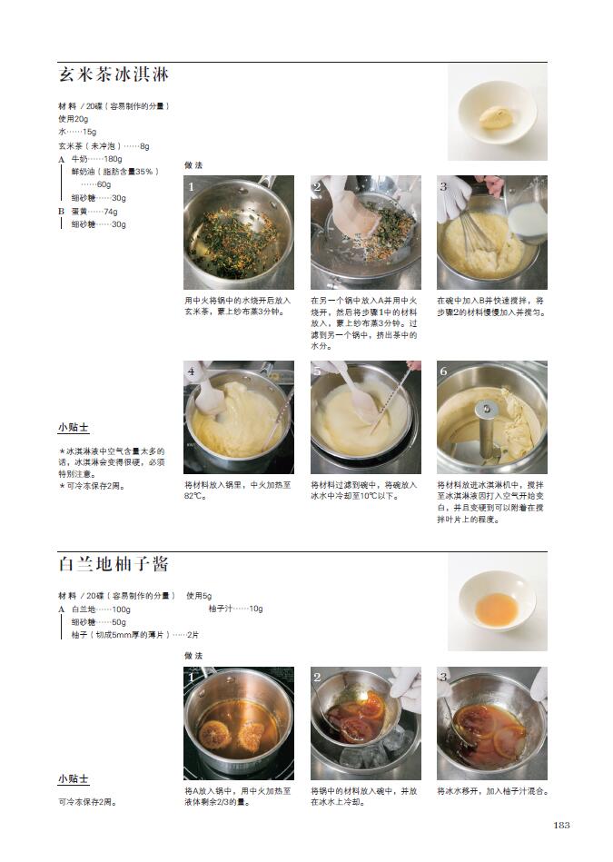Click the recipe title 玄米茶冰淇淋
(114, 74)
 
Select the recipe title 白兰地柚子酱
(114, 564)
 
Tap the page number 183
(561, 825)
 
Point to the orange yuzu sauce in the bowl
(497, 609)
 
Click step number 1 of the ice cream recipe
(192, 187)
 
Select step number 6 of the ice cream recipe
(444, 372)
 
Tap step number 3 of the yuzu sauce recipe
(444, 678)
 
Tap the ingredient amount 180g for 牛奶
(113, 159)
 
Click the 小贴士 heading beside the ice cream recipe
(74, 427)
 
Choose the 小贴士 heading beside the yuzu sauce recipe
(74, 779)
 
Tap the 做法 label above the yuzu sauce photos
(193, 655)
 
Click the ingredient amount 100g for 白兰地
(121, 609)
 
